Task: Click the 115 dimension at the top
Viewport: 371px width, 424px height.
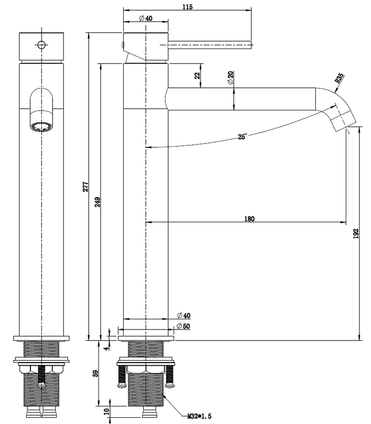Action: pos(188,6)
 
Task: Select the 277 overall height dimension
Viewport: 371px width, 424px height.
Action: pos(86,186)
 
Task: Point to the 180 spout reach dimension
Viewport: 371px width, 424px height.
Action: pos(249,219)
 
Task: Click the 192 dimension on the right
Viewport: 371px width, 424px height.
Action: pos(356,234)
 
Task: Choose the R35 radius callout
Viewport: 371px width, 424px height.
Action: pos(339,79)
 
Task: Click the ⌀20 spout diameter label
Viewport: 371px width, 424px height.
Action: pos(230,78)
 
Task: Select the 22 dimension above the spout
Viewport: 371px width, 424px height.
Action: pos(197,75)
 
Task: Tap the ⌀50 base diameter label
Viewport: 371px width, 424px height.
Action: pos(183,327)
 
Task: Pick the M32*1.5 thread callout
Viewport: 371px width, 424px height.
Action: pos(199,416)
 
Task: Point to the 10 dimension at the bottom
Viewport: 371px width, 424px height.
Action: pos(107,412)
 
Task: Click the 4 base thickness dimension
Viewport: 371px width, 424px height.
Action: pos(107,348)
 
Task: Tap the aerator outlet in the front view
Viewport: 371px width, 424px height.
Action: pos(40,126)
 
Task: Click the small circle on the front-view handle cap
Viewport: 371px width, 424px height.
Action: pos(41,44)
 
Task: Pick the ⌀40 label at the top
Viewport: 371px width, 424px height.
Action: pos(146,18)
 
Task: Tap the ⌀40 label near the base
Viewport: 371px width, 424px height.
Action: pos(183,315)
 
